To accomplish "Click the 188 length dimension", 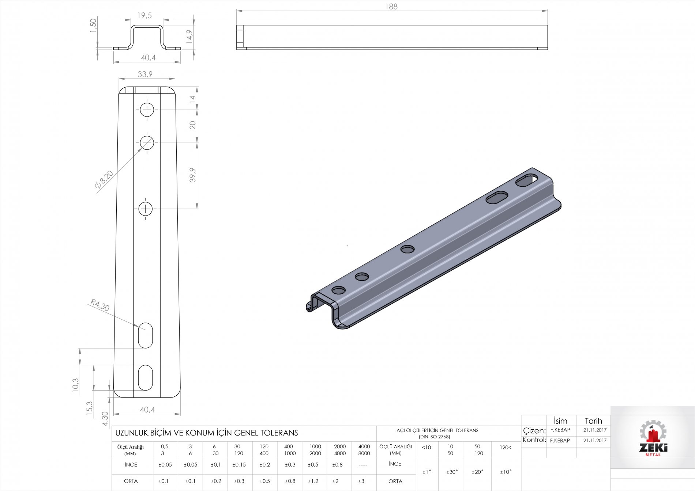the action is click(x=391, y=7).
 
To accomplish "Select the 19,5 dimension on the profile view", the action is click(x=144, y=15).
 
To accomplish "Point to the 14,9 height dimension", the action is click(x=189, y=37).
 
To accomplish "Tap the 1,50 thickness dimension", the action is click(x=93, y=25).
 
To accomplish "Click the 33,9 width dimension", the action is click(x=145, y=74).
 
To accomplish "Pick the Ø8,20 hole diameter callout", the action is click(x=104, y=179).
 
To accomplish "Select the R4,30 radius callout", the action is click(x=100, y=305).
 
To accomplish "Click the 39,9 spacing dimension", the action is click(x=193, y=175).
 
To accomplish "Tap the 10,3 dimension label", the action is click(x=75, y=385).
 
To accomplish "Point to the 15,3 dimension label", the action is click(x=90, y=408).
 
